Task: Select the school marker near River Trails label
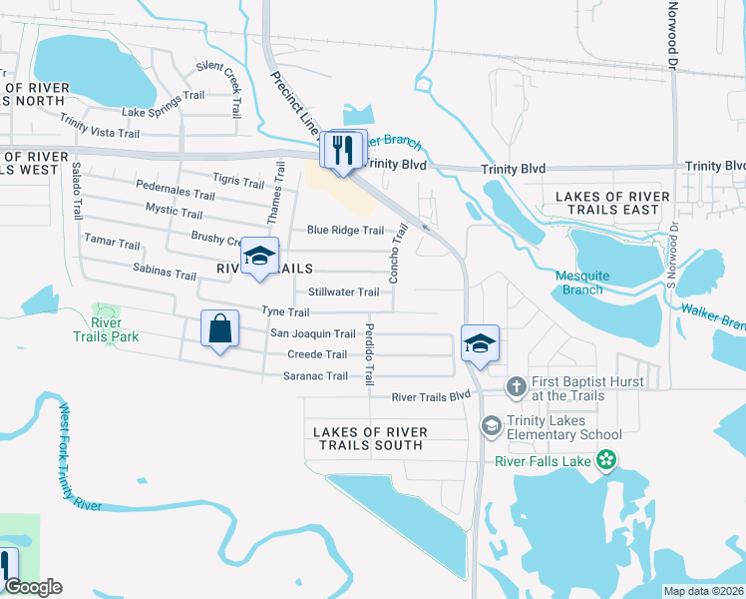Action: click(259, 258)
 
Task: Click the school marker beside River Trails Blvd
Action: click(480, 345)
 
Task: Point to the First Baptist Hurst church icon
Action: click(516, 385)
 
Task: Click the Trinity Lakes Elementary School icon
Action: click(490, 426)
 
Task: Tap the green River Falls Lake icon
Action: click(604, 460)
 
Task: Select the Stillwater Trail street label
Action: click(343, 293)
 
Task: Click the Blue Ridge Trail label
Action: click(345, 231)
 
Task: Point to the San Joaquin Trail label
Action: click(313, 334)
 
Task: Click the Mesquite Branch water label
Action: click(578, 283)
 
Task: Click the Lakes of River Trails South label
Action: click(370, 438)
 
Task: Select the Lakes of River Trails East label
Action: click(607, 203)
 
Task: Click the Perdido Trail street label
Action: click(369, 354)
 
